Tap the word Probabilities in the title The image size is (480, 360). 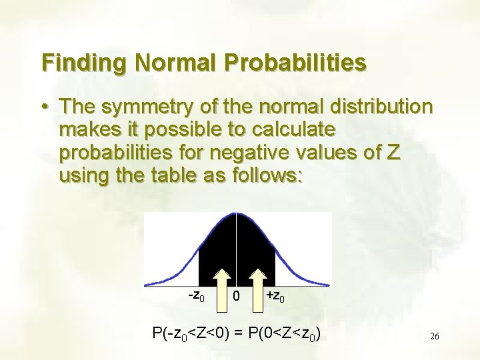[x=295, y=63]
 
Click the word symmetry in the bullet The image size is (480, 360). [x=157, y=107]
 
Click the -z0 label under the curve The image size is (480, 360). [x=195, y=294]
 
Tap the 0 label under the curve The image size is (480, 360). [x=237, y=295]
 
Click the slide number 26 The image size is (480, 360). [x=434, y=337]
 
